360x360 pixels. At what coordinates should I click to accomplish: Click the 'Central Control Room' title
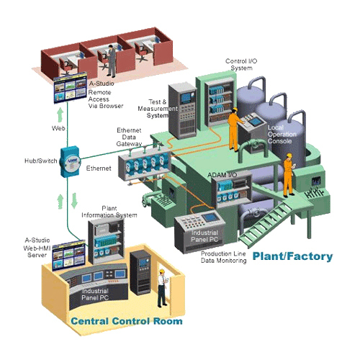coord(125,320)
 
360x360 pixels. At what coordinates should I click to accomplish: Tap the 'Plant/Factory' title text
coord(292,256)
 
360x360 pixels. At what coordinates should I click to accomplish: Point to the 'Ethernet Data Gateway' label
coord(132,138)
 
